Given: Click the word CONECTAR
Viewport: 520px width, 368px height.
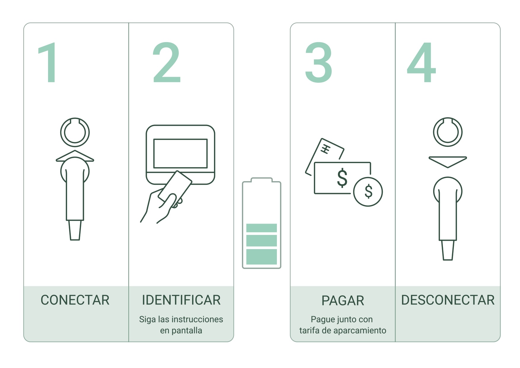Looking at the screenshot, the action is pyautogui.click(x=75, y=300).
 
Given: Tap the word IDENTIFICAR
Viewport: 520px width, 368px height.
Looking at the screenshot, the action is pyautogui.click(x=181, y=300).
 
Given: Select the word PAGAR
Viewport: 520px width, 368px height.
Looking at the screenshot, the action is pyautogui.click(x=343, y=301).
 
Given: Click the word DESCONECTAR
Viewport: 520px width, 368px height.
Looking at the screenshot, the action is pyautogui.click(x=448, y=300).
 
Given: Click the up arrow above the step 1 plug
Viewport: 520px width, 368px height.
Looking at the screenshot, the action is pyautogui.click(x=75, y=156).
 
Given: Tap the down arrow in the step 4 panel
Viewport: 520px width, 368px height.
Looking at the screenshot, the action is pyautogui.click(x=448, y=162).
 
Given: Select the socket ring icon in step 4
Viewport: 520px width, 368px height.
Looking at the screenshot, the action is pyautogui.click(x=448, y=118).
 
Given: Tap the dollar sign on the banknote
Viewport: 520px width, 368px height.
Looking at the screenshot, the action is pyautogui.click(x=342, y=178).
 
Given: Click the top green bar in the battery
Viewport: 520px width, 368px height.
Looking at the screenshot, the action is pyautogui.click(x=261, y=228).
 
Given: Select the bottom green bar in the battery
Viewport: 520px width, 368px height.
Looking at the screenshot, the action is pyautogui.click(x=261, y=257).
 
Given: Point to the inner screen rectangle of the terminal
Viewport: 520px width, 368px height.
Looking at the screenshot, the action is pyautogui.click(x=181, y=139).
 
